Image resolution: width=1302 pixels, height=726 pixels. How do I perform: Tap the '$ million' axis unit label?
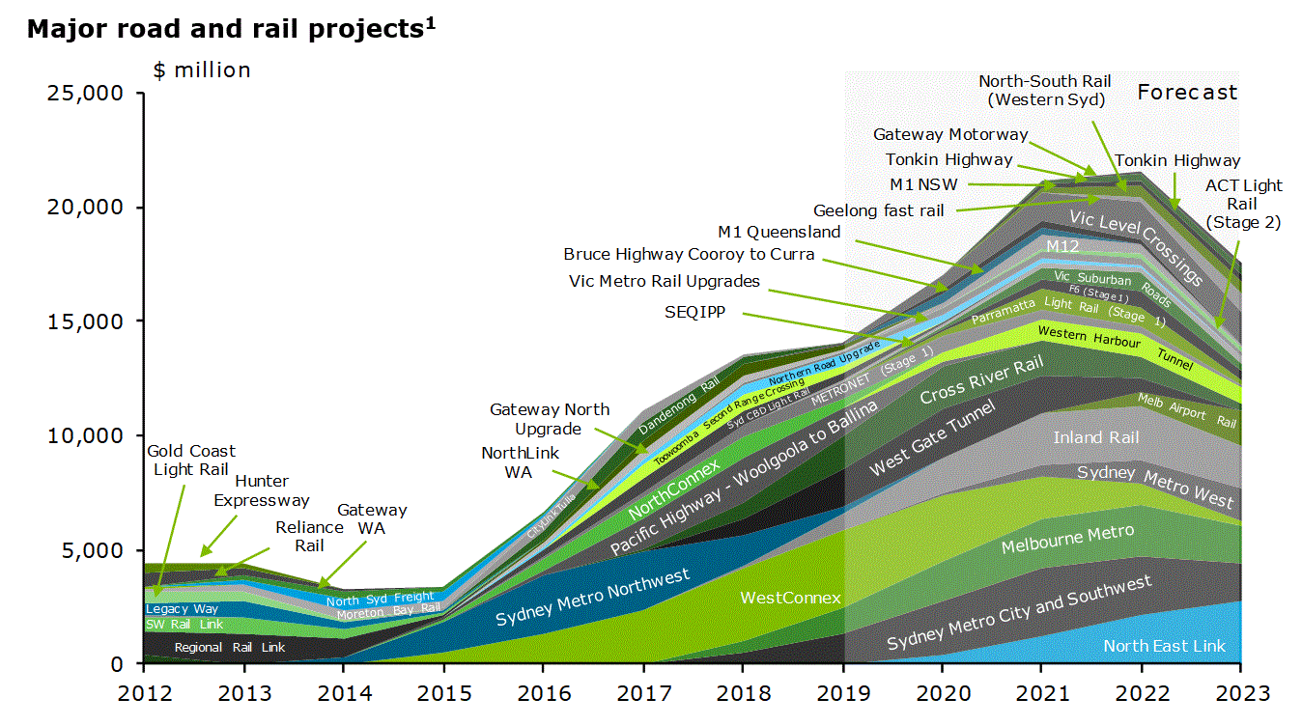pyautogui.click(x=202, y=70)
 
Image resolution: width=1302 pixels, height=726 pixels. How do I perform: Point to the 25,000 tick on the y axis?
pyautogui.click(x=84, y=94)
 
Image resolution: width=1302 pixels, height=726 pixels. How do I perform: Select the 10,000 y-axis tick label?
pyautogui.click(x=84, y=436)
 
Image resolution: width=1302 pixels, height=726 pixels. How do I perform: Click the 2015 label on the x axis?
pyautogui.click(x=443, y=692)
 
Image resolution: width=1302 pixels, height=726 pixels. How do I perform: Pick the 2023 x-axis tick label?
pyautogui.click(x=1240, y=692)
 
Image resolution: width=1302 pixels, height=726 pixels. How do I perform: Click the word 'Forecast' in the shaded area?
pyautogui.click(x=1186, y=93)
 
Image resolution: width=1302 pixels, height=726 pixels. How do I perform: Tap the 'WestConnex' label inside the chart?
pyautogui.click(x=790, y=598)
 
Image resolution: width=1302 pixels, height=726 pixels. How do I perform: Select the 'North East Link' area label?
pyautogui.click(x=1164, y=646)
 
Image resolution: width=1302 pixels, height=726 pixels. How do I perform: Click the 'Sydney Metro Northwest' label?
pyautogui.click(x=592, y=597)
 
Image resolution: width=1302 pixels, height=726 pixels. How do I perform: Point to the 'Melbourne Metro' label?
pyautogui.click(x=1067, y=539)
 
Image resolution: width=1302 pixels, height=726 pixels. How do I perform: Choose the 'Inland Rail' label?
pyautogui.click(x=1095, y=437)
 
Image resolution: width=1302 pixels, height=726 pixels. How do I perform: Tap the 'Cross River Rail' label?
pyautogui.click(x=981, y=381)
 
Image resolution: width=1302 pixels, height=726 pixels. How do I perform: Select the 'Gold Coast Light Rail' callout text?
pyautogui.click(x=190, y=461)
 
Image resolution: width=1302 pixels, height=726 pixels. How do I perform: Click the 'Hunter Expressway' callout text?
pyautogui.click(x=261, y=490)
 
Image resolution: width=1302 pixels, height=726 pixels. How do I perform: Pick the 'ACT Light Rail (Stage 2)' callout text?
pyautogui.click(x=1242, y=204)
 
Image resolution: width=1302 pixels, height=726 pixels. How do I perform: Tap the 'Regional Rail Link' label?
pyautogui.click(x=229, y=647)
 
